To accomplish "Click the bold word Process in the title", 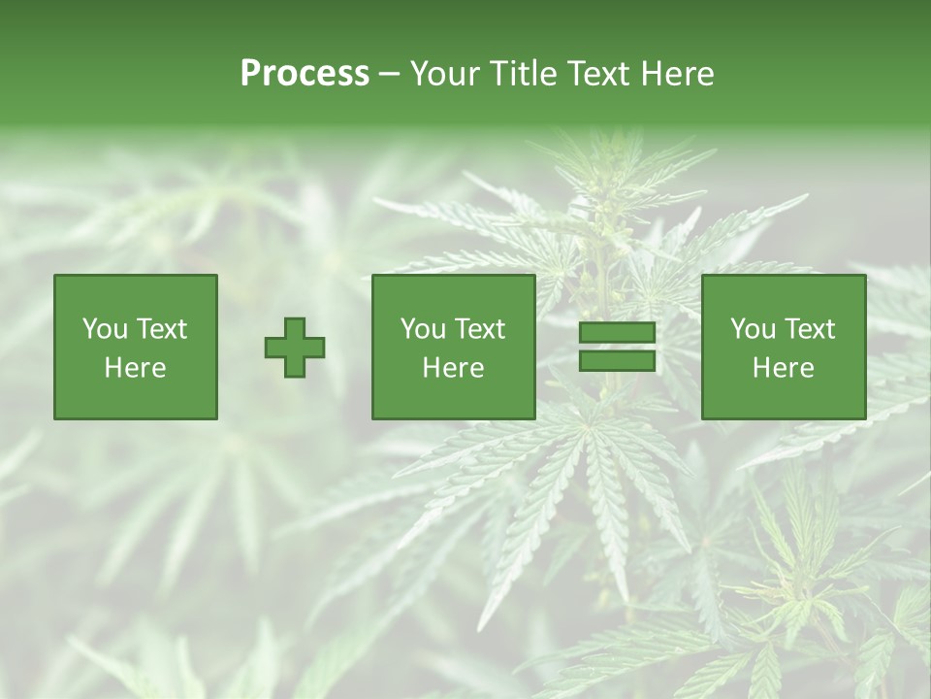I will point(305,74).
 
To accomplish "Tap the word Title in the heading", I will point(523,74).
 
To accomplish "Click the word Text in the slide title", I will point(600,74).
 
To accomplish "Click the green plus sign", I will point(295,348).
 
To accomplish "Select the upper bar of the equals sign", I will point(617,333).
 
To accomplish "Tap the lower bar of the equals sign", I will point(617,361).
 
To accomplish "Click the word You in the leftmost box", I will point(104,329).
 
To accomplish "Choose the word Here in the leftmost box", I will point(135,368).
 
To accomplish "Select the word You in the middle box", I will point(422,329).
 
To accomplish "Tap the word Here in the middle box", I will point(453,368).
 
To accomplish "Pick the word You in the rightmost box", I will point(752,329).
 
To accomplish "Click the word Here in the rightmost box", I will point(783,368).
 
